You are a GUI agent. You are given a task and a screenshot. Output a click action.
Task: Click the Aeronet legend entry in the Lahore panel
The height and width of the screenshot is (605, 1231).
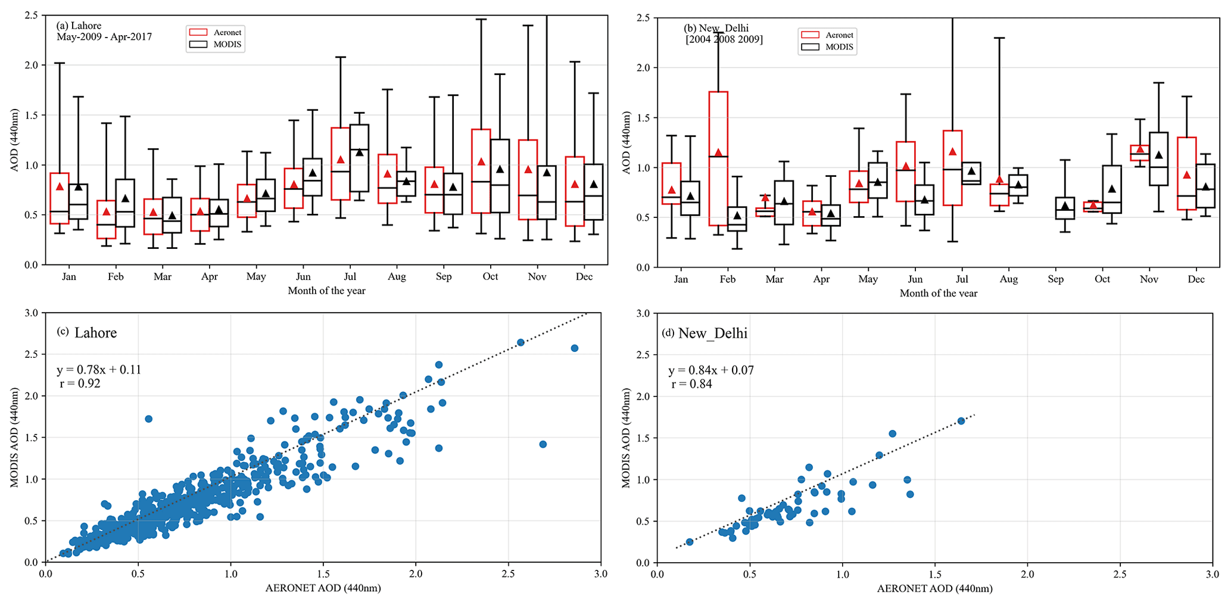pos(216,32)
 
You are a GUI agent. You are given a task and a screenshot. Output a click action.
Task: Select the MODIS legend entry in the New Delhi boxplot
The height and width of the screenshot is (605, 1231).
pos(827,47)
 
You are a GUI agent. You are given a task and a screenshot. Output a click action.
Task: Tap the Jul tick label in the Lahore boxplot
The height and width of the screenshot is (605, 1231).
pos(350,277)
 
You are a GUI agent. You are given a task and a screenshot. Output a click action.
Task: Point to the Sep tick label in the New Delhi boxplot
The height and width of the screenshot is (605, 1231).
pos(1055,279)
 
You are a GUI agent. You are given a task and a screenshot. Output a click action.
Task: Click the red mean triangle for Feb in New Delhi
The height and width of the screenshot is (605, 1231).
pos(718,153)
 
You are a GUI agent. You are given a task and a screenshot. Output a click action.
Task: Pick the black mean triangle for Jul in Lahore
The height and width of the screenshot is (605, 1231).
pos(359,152)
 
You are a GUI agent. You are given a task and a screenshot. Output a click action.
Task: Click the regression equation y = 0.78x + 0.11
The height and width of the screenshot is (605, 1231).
pos(99,370)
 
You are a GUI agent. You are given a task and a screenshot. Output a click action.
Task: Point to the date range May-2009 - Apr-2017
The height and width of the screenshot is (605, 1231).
pos(104,37)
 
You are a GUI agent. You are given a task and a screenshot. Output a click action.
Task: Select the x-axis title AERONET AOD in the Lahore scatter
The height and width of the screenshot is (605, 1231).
pos(323,588)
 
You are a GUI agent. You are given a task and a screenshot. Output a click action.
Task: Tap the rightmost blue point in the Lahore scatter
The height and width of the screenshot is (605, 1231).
pos(575,348)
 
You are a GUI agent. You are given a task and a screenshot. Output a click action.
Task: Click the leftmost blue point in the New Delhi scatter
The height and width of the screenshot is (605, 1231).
pos(690,542)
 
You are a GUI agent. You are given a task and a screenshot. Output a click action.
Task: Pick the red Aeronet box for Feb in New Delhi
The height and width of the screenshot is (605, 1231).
pos(718,158)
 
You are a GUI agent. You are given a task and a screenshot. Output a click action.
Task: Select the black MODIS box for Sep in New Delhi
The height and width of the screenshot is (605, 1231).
pos(1065,208)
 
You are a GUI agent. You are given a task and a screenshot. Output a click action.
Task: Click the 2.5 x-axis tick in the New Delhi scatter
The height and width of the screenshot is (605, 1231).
pos(1120,575)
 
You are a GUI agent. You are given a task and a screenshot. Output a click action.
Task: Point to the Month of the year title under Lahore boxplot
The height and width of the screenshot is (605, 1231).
pos(326,291)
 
